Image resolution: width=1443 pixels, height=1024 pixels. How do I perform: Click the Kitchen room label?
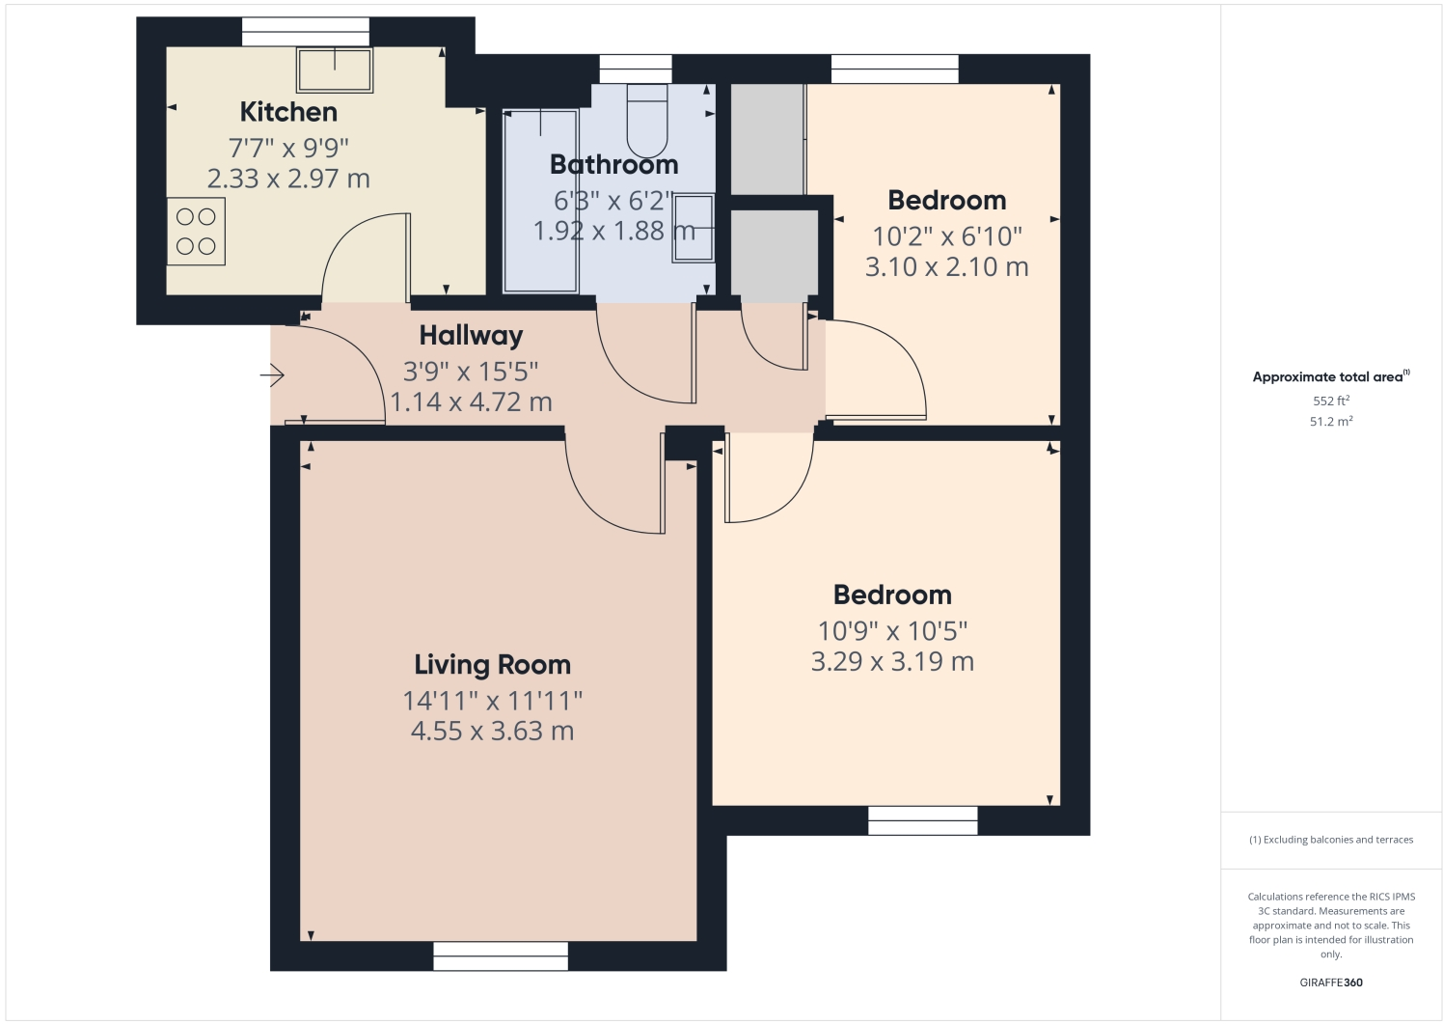[288, 112]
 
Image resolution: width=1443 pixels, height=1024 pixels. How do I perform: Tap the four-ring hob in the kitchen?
[196, 232]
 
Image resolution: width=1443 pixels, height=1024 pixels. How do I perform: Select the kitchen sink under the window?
[335, 69]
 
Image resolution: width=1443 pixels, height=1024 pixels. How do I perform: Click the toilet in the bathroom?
[647, 120]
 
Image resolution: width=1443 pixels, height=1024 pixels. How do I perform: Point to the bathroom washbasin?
[694, 228]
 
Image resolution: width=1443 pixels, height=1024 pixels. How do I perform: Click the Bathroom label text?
[614, 165]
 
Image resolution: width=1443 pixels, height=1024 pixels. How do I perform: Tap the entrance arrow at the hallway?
[272, 374]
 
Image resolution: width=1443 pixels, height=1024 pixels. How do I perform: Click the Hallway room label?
[471, 336]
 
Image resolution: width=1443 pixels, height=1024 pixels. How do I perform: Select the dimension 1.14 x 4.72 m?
[471, 402]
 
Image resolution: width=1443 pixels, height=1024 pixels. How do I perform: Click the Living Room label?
[492, 665]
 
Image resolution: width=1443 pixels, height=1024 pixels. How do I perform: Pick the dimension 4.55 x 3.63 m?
[492, 732]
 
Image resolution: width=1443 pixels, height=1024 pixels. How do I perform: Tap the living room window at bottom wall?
[501, 955]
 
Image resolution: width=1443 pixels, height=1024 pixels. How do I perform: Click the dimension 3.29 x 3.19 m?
[892, 662]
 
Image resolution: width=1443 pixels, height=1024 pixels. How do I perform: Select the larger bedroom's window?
[922, 820]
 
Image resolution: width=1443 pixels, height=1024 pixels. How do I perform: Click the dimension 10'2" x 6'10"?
[946, 236]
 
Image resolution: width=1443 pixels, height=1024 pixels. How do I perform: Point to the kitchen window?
[305, 32]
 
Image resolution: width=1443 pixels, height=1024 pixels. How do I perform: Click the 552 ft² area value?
[1330, 401]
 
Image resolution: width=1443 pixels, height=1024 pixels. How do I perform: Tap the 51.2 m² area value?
[1330, 422]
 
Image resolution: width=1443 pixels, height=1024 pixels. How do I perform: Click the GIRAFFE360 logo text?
[1330, 982]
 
